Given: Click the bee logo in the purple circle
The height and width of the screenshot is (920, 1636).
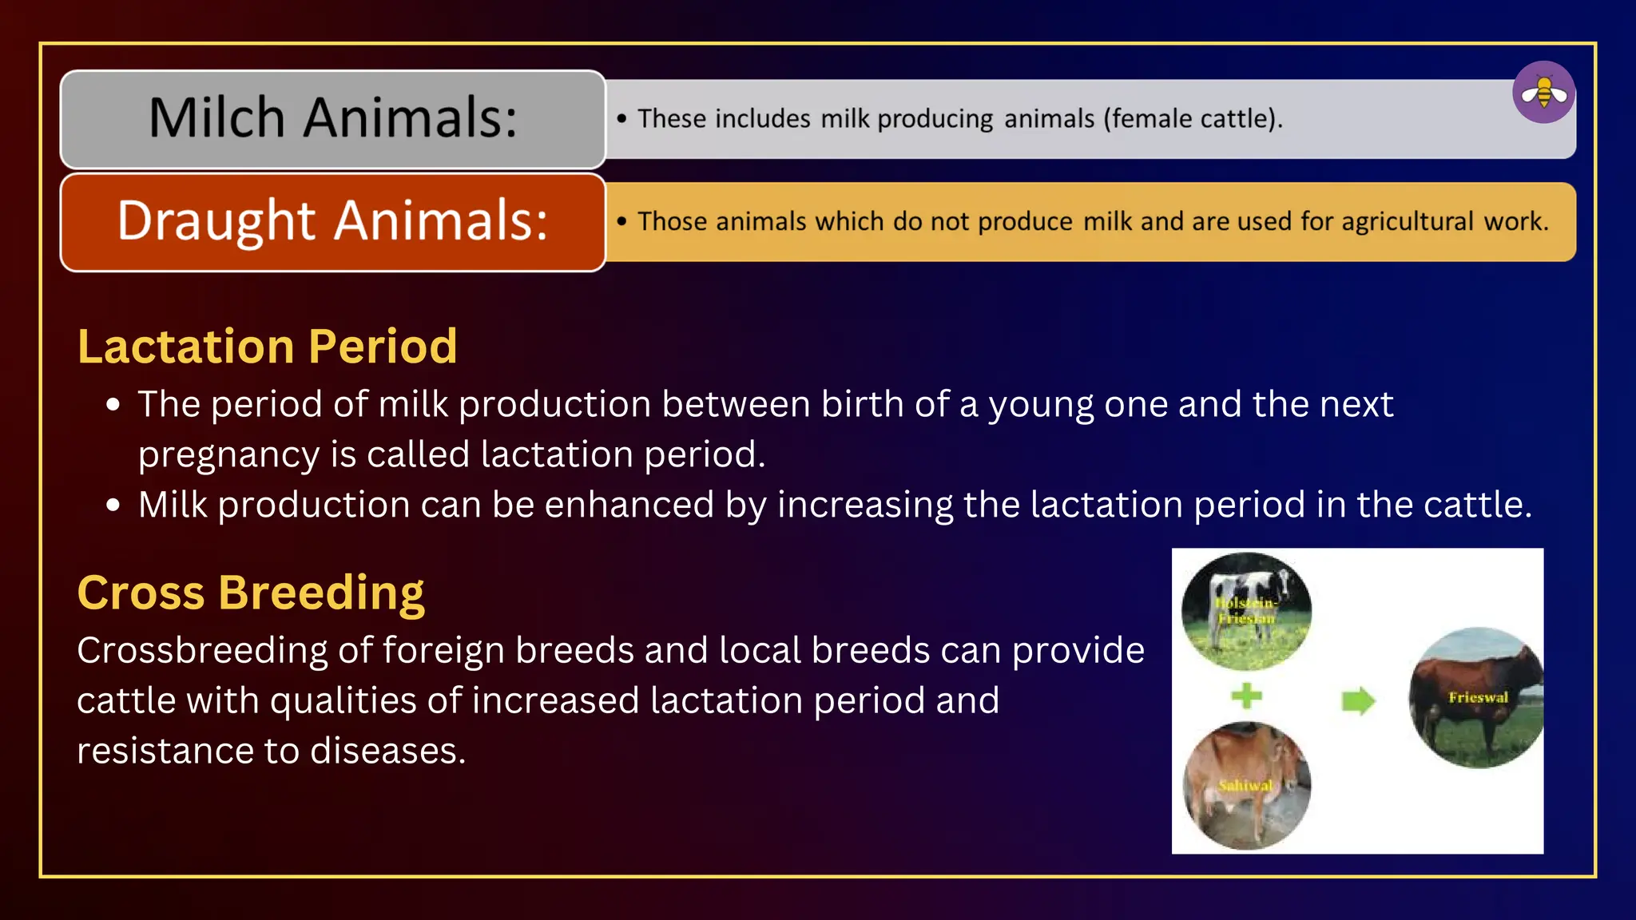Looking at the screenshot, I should click(1543, 93).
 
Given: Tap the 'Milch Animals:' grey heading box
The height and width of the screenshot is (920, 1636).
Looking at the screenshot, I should click(332, 119).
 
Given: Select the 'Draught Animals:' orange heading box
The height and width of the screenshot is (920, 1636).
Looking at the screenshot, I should click(332, 222).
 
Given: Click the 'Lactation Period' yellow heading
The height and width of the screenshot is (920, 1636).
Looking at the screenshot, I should click(267, 347).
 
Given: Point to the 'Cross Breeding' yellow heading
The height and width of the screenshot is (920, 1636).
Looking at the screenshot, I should click(250, 593).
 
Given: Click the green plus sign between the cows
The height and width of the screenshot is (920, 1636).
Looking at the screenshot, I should click(1246, 696).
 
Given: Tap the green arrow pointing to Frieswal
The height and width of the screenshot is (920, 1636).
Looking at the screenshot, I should click(1357, 701).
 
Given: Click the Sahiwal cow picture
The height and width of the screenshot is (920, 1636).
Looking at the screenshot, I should click(1246, 786).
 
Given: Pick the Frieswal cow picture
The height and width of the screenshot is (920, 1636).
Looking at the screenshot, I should click(1476, 698).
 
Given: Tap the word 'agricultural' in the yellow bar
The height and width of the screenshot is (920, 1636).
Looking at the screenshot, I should click(1407, 221).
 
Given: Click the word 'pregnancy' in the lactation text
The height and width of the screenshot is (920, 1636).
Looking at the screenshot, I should click(228, 455).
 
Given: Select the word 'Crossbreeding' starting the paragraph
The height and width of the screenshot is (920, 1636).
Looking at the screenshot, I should click(202, 650).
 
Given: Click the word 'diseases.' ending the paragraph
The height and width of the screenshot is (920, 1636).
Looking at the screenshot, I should click(387, 751).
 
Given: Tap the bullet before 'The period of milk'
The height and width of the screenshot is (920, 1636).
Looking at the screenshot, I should click(113, 405).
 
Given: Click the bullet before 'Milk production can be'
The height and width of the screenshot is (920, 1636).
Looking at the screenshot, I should click(113, 506).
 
